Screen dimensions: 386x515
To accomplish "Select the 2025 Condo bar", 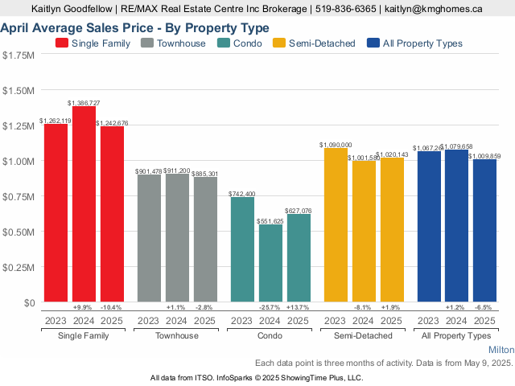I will coord(299,258).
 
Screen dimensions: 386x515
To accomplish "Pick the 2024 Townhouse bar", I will coord(177,238).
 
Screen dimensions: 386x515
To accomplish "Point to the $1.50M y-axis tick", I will coord(19,90).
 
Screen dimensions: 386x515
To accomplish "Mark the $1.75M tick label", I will coord(19,55).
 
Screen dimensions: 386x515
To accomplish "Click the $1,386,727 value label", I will coord(84,103).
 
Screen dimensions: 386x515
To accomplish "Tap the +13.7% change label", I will coord(299,308).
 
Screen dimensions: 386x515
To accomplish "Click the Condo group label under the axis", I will coord(270,335).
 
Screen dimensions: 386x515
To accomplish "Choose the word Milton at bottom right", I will coord(501,351).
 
